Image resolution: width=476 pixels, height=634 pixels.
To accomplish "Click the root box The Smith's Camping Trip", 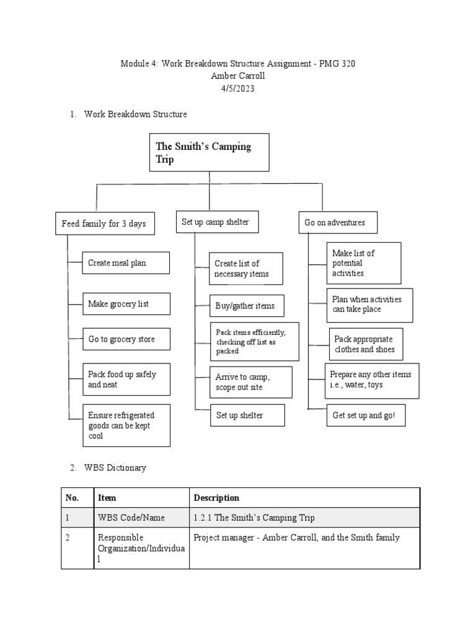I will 209,152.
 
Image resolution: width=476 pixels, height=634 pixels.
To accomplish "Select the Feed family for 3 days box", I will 104,224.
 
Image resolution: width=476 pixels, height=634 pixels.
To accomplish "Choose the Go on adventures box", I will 337,222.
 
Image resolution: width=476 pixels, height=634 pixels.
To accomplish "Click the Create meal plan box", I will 117,263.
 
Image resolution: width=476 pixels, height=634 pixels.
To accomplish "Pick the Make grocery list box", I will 126,304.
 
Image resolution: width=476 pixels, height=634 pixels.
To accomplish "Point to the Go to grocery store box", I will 126,339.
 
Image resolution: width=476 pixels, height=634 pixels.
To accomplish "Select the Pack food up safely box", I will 126,380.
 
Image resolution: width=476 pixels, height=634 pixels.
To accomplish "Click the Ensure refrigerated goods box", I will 126,425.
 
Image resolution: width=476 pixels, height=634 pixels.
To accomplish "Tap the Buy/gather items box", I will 246,306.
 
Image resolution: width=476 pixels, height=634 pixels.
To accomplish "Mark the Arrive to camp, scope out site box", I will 250,382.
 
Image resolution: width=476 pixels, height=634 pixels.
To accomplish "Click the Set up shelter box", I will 247,415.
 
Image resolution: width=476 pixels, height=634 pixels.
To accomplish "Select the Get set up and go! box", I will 366,415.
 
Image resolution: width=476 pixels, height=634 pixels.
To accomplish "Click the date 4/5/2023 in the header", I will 238,89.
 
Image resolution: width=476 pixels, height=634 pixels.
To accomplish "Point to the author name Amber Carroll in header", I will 238,76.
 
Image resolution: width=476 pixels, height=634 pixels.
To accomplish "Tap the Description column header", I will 216,498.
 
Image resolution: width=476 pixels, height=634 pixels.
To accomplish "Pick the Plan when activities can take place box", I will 369,305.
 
